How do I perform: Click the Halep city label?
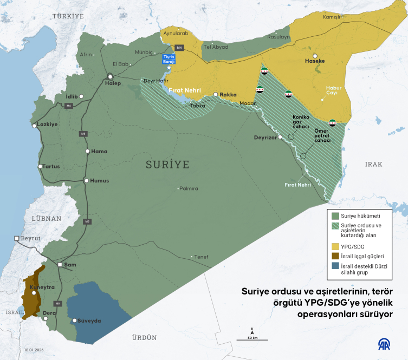(x=113, y=83)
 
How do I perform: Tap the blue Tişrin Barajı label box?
(x=170, y=60)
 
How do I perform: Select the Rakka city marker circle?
(x=216, y=95)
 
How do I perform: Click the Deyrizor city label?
(x=265, y=138)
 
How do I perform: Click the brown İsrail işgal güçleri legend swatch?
(x=334, y=256)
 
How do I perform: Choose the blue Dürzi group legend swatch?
(x=334, y=266)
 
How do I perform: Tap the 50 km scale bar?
(x=252, y=339)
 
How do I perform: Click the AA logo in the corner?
(x=386, y=345)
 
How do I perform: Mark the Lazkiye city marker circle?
(x=34, y=126)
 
